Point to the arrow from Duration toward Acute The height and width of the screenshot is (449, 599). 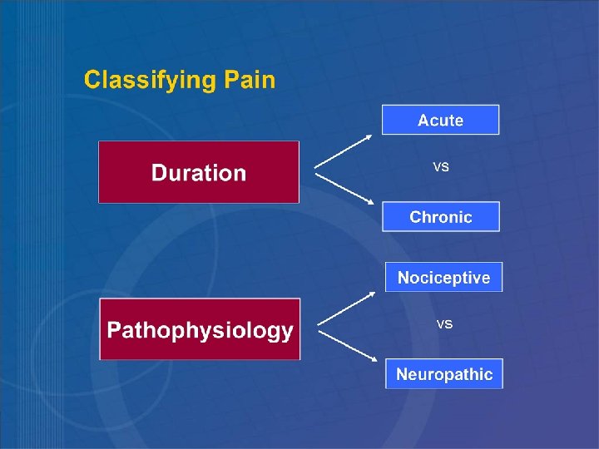(344, 151)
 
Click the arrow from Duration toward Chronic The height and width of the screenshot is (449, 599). (344, 188)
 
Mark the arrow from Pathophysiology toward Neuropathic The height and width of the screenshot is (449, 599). (347, 344)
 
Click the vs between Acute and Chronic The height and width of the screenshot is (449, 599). (441, 168)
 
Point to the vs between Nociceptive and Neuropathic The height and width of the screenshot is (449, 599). (444, 324)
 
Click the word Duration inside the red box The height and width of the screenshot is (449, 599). (199, 173)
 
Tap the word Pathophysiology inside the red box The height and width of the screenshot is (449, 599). (200, 330)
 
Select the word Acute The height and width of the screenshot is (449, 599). (440, 121)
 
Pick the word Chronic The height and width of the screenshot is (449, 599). (440, 217)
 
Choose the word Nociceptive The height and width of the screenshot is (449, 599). (443, 278)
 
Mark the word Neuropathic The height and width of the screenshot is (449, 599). (444, 374)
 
